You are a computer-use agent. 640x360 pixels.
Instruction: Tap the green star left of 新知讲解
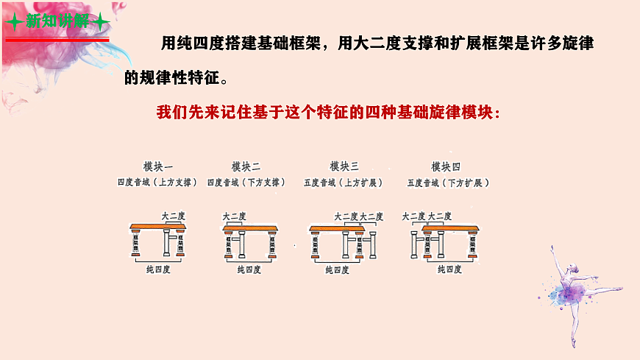click(x=13, y=21)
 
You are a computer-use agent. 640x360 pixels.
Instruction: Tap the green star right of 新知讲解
click(x=102, y=21)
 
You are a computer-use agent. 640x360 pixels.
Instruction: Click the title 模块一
click(x=158, y=166)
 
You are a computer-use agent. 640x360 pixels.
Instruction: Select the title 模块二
click(x=246, y=166)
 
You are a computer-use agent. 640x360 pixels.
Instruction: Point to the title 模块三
click(x=344, y=166)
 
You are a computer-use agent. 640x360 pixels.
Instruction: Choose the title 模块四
click(x=446, y=166)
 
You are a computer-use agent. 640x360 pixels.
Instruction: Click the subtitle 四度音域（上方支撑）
click(x=158, y=182)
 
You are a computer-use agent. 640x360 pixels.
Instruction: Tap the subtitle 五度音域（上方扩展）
click(x=344, y=182)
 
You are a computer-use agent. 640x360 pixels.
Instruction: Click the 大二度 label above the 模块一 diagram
click(x=174, y=216)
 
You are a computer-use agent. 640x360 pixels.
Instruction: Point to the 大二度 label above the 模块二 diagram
click(x=234, y=216)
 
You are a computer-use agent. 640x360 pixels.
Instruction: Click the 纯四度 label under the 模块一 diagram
click(x=158, y=270)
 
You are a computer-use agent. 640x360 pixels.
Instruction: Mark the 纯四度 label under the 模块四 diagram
click(x=449, y=269)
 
